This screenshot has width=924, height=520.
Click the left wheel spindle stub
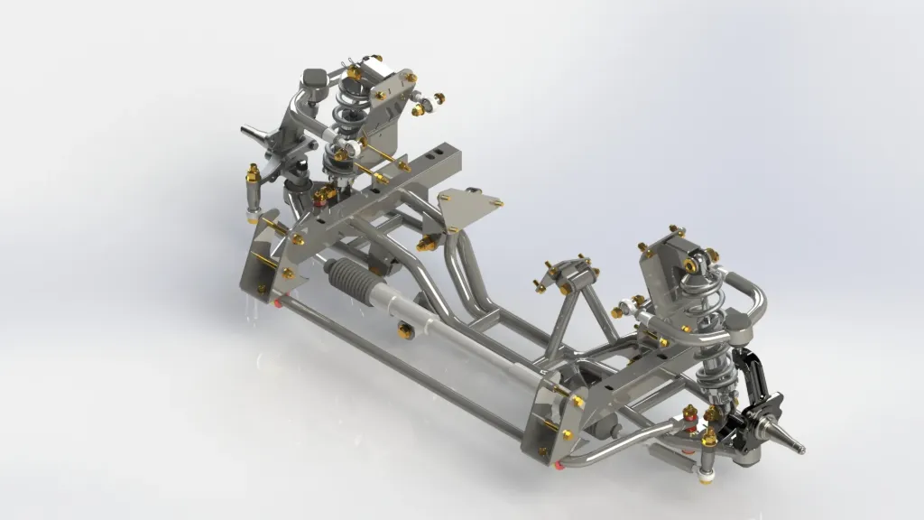tap(253, 133)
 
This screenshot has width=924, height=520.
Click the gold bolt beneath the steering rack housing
tap(407, 332)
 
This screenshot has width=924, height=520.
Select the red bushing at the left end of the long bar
tap(279, 302)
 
